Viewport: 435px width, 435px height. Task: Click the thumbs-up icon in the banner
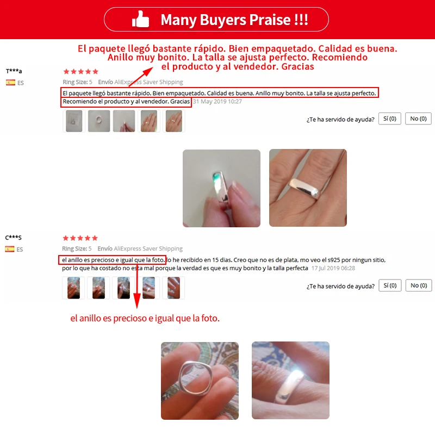click(140, 19)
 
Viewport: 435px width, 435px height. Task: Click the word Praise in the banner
click(270, 20)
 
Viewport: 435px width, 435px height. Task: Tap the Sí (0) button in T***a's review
click(389, 119)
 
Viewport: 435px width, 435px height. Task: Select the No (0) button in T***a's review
click(418, 119)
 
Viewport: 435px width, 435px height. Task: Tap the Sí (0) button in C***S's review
click(390, 285)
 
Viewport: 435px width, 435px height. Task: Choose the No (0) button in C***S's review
click(419, 285)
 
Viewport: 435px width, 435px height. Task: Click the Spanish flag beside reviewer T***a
click(10, 83)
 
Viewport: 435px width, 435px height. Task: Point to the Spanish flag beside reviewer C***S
click(10, 249)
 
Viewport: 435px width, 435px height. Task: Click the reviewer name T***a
click(14, 71)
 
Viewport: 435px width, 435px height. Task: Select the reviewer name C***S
click(13, 238)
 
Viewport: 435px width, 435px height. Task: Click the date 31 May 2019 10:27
click(217, 102)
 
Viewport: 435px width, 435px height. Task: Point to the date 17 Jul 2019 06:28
click(333, 268)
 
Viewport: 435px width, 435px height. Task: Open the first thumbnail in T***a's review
click(74, 121)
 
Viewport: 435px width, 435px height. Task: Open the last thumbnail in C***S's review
click(173, 288)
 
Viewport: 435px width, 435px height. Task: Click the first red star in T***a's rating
click(66, 72)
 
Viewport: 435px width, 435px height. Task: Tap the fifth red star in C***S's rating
click(95, 238)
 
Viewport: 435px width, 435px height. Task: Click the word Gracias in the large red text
click(297, 66)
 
